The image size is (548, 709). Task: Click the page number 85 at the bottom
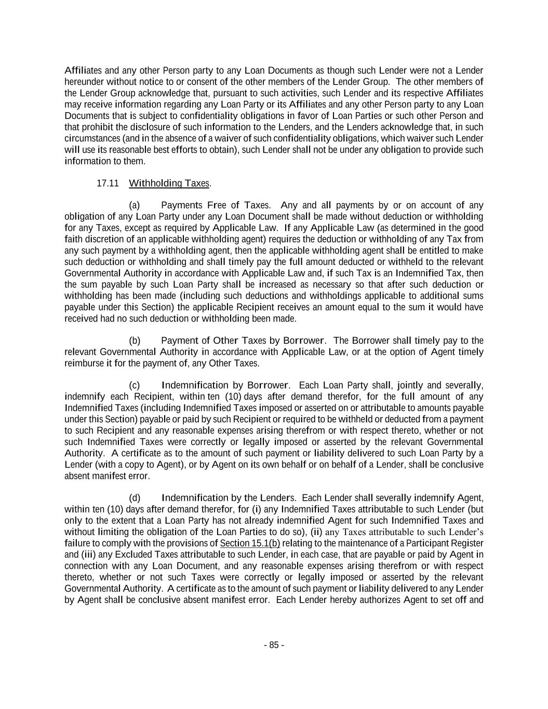click(x=274, y=645)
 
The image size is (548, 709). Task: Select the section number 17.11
click(x=108, y=183)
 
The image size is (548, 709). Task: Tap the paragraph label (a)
click(x=135, y=205)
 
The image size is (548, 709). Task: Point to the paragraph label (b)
click(x=135, y=341)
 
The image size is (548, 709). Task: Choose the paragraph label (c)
click(x=135, y=385)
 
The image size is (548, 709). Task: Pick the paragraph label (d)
click(x=135, y=498)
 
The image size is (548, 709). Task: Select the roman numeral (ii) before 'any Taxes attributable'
click(x=317, y=532)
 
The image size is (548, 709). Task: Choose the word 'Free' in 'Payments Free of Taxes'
click(x=216, y=205)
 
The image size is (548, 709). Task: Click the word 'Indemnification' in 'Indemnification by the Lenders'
click(x=195, y=498)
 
